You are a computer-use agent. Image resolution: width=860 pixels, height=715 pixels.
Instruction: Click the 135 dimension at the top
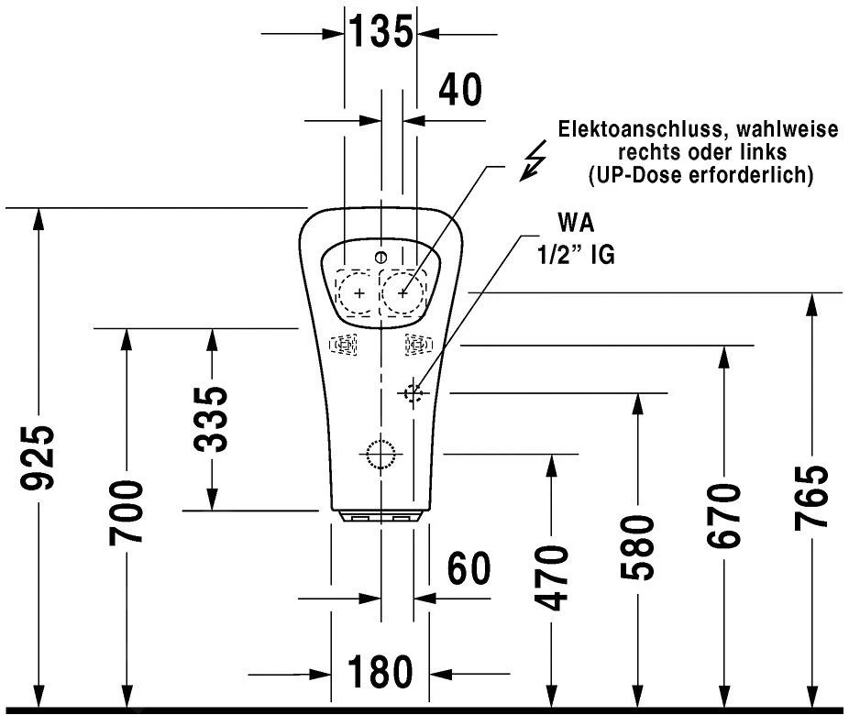380,33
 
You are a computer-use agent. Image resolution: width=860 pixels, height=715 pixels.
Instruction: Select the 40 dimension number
459,90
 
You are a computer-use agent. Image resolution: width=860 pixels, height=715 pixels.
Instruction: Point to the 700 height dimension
127,511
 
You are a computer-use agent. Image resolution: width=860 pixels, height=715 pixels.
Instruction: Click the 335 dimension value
213,419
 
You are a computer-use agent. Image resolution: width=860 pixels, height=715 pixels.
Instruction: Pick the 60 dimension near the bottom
469,569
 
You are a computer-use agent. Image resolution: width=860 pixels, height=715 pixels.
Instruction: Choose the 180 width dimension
380,673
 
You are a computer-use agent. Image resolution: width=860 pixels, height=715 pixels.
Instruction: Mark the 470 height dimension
551,577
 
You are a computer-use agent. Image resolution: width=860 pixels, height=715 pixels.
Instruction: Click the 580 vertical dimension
637,548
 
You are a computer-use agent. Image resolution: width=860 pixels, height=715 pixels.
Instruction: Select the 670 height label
724,515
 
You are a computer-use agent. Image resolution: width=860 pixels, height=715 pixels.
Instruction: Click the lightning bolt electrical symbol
531,164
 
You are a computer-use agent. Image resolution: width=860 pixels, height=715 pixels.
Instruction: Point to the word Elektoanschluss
621,130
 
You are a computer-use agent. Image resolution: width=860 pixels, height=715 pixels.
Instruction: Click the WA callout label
576,224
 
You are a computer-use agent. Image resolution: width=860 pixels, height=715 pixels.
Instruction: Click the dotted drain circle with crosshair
379,453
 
